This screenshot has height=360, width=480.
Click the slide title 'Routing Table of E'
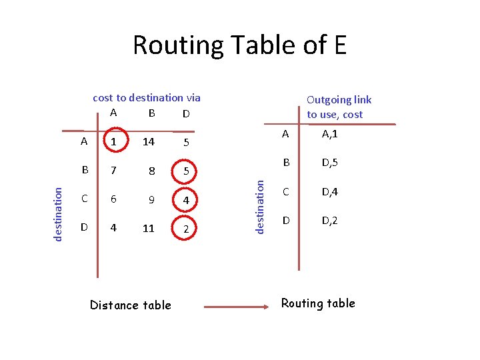pyautogui.click(x=240, y=45)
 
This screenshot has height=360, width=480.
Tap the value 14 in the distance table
pyautogui.click(x=148, y=142)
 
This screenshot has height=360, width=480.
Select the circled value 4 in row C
pyautogui.click(x=187, y=199)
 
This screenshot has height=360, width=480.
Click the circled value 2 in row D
pyautogui.click(x=187, y=229)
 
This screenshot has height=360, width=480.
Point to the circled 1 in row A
pyautogui.click(x=114, y=142)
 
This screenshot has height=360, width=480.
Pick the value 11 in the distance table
pyautogui.click(x=148, y=228)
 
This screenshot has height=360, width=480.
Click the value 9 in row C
pyautogui.click(x=151, y=199)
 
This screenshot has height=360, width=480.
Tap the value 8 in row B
pyautogui.click(x=151, y=171)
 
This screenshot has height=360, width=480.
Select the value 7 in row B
pyautogui.click(x=114, y=171)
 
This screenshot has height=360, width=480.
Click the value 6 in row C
pyautogui.click(x=114, y=199)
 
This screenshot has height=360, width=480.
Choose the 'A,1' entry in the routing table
pyautogui.click(x=329, y=135)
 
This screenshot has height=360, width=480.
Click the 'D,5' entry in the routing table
pyautogui.click(x=329, y=163)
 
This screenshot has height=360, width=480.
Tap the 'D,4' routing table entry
pyautogui.click(x=329, y=192)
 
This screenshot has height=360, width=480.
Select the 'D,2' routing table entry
pyautogui.click(x=329, y=220)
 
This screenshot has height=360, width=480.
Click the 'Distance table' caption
pyautogui.click(x=131, y=305)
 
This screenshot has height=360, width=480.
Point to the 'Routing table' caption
pyautogui.click(x=318, y=303)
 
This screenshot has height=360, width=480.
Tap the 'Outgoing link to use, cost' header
pyautogui.click(x=338, y=107)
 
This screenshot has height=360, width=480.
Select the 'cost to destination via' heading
pyautogui.click(x=147, y=98)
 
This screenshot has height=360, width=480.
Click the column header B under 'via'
pyautogui.click(x=152, y=113)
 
